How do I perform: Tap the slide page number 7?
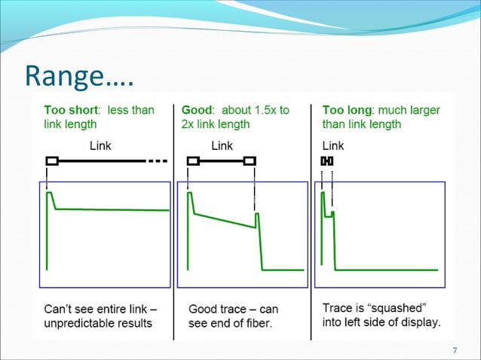point(455,350)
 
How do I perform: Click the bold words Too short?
point(72,110)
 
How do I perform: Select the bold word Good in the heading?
point(196,110)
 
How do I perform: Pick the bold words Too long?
point(349,110)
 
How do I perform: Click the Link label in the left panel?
point(101,145)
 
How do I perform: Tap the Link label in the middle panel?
point(222,145)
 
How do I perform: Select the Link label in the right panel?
point(333,145)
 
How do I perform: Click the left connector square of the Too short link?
point(51,160)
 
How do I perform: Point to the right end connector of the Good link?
point(250,160)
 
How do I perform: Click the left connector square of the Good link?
point(193,160)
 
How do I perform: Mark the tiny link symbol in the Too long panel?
point(327,160)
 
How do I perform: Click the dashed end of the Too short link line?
point(157,160)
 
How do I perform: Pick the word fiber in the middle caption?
point(261,323)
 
